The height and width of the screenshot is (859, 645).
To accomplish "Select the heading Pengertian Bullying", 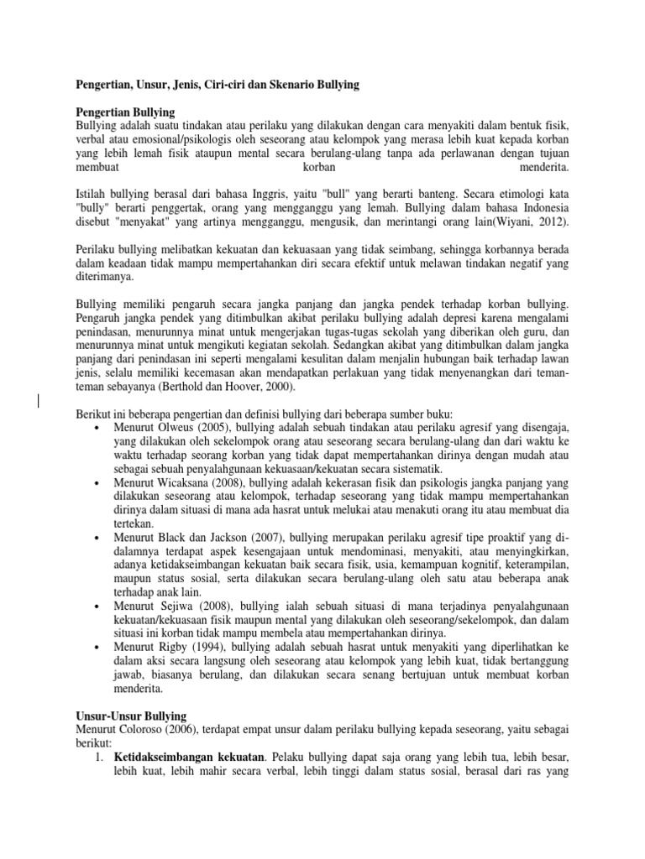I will (125, 112).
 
